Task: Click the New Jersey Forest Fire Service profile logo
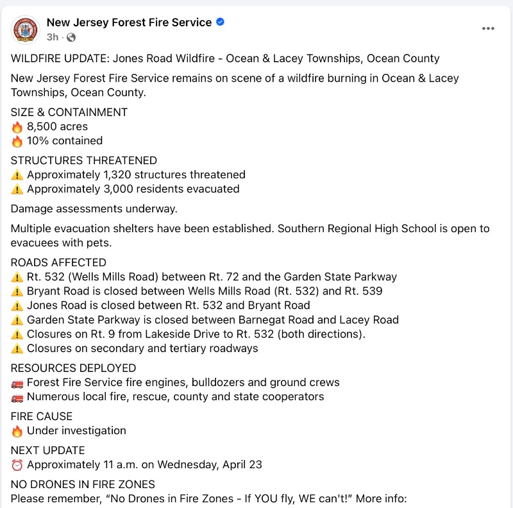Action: [26, 29]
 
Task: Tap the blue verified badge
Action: [221, 22]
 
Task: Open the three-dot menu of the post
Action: [489, 29]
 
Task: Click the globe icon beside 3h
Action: [71, 37]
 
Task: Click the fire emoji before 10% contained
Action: [17, 140]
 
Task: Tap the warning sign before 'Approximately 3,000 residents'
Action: [17, 189]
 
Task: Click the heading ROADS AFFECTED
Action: [58, 262]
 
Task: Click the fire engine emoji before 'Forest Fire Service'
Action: [17, 383]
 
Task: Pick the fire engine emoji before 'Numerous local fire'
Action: [17, 397]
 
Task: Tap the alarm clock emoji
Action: [17, 465]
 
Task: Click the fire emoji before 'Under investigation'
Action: [17, 431]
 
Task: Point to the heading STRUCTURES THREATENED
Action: [84, 160]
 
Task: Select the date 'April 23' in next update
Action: [242, 464]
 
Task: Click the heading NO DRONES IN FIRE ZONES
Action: [83, 484]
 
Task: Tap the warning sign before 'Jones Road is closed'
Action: [17, 306]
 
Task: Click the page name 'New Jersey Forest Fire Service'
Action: [129, 22]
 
